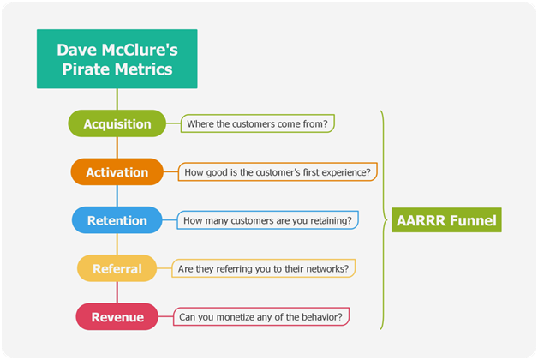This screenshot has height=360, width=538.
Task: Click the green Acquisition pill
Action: click(x=117, y=123)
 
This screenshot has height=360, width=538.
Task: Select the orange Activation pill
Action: click(x=117, y=172)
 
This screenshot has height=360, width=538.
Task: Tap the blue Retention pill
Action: click(x=117, y=220)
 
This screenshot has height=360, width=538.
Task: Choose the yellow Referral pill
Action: click(x=117, y=268)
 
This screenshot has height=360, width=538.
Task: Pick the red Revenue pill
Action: click(x=117, y=317)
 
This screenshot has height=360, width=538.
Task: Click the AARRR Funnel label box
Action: click(x=446, y=220)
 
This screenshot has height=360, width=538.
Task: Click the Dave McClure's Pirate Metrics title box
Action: click(x=117, y=59)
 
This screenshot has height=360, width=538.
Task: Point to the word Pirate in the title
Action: click(x=86, y=69)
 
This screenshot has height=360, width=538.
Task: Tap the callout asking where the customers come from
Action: click(x=258, y=123)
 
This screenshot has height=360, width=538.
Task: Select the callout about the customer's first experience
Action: click(x=278, y=172)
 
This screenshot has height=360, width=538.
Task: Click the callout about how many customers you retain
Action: click(x=267, y=220)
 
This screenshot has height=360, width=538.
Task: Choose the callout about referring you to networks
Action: click(x=263, y=268)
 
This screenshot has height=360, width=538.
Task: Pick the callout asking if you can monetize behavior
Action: click(x=261, y=317)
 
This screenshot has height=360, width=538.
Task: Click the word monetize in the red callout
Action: click(x=236, y=317)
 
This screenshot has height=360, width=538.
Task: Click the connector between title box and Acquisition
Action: click(x=117, y=99)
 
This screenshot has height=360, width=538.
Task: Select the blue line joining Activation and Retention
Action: click(x=117, y=196)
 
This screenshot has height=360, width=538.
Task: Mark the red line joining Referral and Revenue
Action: click(x=117, y=292)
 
